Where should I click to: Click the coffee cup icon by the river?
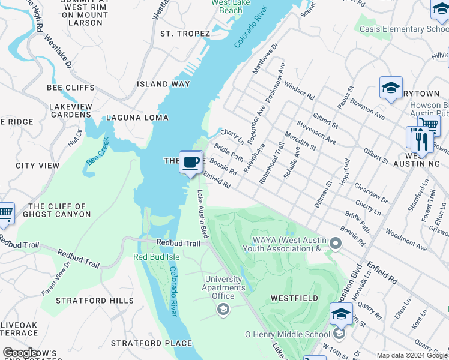(x=191, y=162)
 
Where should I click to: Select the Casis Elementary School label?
(x=403, y=29)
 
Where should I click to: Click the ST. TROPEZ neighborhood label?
(x=185, y=34)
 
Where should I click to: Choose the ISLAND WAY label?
(x=163, y=84)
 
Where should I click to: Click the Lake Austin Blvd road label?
(x=203, y=214)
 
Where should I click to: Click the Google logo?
(x=20, y=353)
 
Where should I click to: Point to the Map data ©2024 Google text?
(x=412, y=355)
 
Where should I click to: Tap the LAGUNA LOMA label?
(x=137, y=118)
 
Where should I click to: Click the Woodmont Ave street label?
(x=406, y=239)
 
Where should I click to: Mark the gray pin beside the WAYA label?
(x=336, y=243)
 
